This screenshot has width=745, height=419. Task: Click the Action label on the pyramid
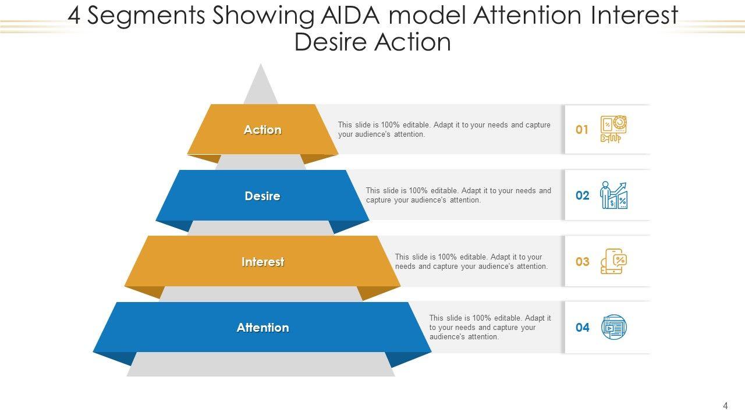click(262, 130)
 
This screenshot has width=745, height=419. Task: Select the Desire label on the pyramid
click(262, 196)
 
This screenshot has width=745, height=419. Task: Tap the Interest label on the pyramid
click(262, 262)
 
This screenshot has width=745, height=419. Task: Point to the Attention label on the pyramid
click(262, 328)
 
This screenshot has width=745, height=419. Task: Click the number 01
click(582, 130)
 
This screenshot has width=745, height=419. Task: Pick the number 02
click(582, 196)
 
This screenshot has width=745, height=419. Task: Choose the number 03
click(582, 262)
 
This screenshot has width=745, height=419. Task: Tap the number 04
click(582, 328)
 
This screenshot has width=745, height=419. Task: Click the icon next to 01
click(613, 129)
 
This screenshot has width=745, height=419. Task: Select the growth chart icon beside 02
click(613, 196)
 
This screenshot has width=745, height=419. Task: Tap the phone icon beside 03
click(613, 261)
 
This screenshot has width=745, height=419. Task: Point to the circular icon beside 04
click(613, 327)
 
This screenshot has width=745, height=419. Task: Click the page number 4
click(725, 406)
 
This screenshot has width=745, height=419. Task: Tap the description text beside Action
click(444, 129)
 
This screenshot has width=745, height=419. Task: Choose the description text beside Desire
click(458, 195)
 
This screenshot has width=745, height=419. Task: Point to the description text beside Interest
click(471, 261)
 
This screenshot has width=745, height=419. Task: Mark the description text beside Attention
click(490, 327)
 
